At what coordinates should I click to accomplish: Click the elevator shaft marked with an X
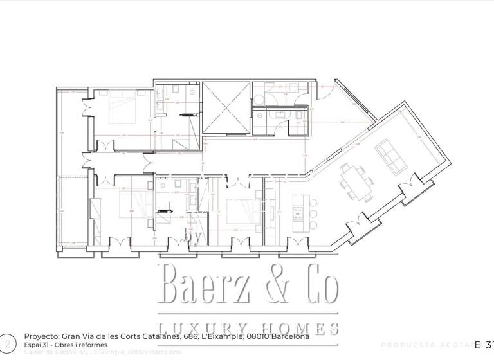pos(224,108)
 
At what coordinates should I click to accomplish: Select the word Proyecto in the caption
pos(43,336)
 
